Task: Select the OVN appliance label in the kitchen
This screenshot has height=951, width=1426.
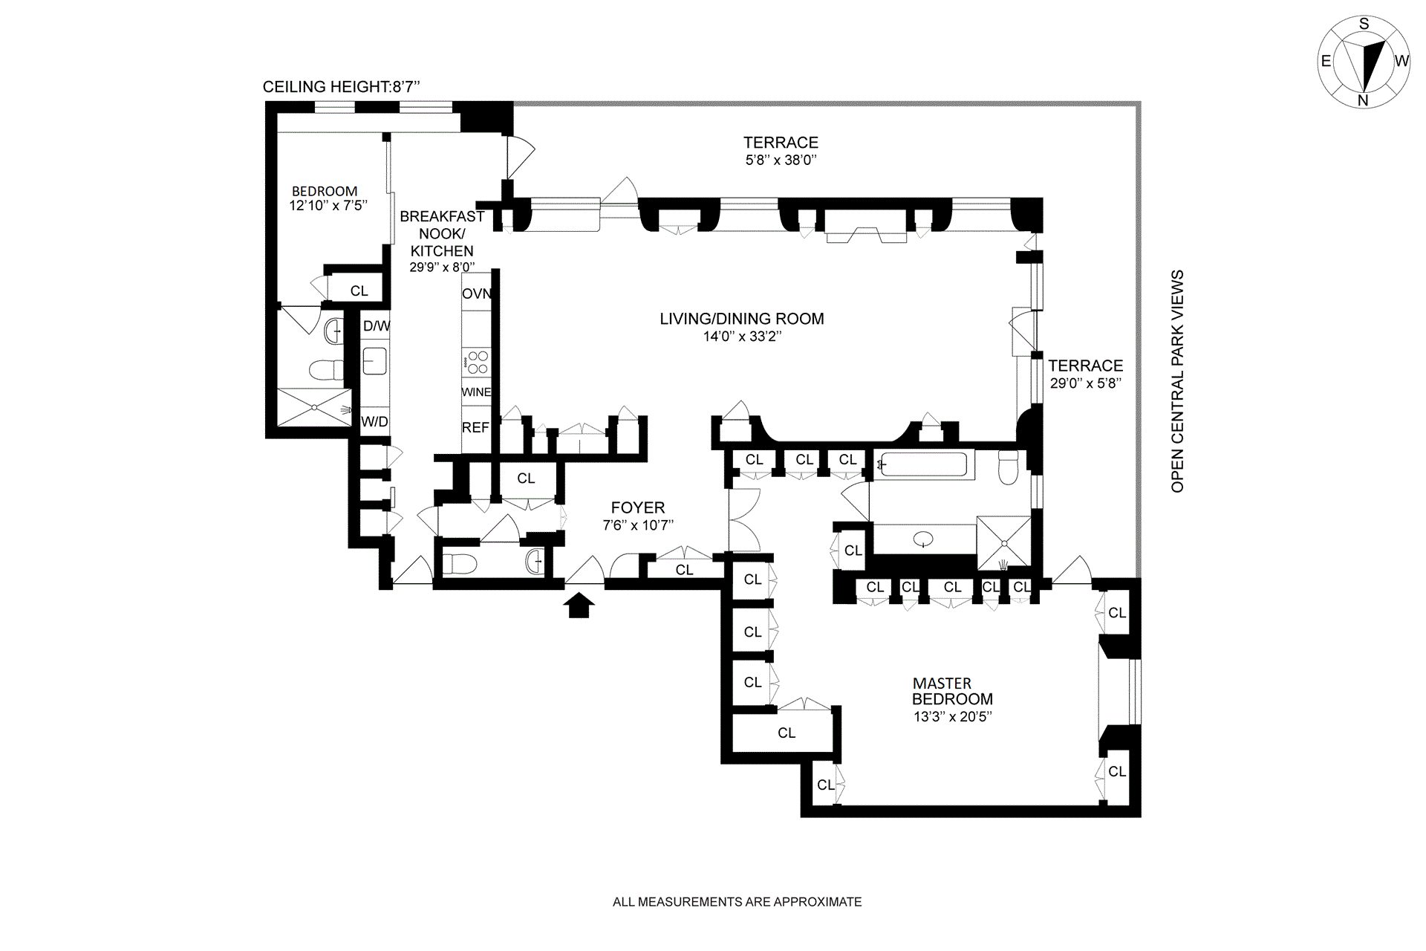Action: point(477,293)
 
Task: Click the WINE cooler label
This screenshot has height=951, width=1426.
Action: point(476,392)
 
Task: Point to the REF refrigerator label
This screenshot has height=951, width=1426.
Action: point(475,428)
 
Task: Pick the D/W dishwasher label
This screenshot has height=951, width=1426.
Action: point(377,325)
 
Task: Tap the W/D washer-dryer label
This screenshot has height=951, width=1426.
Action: point(374,422)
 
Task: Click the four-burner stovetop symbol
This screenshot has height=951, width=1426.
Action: point(476,363)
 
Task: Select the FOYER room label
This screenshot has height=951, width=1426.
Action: point(638,508)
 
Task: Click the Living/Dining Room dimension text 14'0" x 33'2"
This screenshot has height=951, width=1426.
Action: point(742,337)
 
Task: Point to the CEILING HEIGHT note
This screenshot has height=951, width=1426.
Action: point(342,87)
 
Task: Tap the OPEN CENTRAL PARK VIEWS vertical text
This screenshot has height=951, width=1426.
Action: point(1177,381)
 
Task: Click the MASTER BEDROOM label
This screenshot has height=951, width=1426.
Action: point(952,691)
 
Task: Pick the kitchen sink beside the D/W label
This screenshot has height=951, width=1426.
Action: point(374,361)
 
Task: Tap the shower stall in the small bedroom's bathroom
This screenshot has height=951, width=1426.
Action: point(314,407)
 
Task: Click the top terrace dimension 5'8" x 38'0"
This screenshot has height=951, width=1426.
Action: point(781,160)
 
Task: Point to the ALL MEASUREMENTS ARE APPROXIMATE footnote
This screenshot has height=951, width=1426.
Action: point(738,902)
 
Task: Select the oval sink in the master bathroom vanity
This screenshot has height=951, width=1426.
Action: point(923,539)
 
